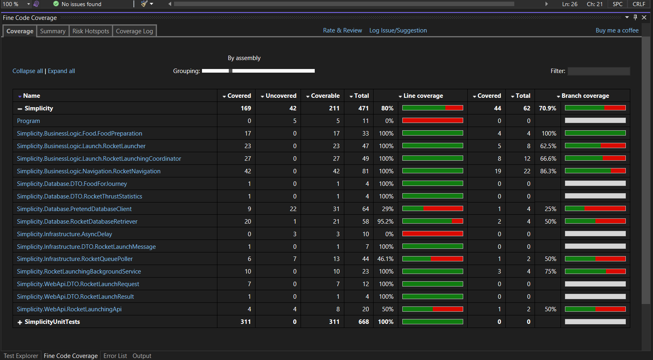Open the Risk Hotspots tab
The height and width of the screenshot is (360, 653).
coord(91,31)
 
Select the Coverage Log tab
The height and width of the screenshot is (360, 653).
coord(134,31)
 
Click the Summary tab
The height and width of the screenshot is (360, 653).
coord(53,31)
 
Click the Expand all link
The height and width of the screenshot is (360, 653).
coord(61,71)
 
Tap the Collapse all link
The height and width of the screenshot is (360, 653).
coord(28,71)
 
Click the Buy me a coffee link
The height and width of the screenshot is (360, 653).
coord(617,30)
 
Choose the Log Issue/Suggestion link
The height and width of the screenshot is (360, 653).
coord(398,30)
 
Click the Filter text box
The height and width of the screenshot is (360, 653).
coord(599,71)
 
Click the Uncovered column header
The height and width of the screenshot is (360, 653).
coord(278,96)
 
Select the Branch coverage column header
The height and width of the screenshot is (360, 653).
coord(583,96)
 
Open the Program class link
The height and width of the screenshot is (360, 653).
coord(28,121)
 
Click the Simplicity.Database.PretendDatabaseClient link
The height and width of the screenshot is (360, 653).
coord(74,209)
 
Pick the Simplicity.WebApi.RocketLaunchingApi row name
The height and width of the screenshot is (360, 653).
coord(69,309)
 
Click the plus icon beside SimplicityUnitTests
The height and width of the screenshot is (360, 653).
coord(20,322)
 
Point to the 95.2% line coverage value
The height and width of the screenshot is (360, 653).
coord(385,222)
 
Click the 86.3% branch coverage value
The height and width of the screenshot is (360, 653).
coord(548,171)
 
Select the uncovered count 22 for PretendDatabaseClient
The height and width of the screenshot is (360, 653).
coord(293,209)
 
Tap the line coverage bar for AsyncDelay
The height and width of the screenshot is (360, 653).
coord(433,234)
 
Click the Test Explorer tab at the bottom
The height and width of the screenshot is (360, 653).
coord(21,356)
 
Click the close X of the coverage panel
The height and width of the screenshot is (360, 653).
coord(644,17)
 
